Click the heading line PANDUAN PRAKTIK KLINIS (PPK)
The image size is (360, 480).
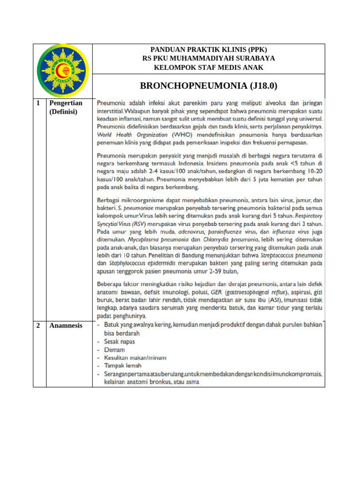pos(209,50)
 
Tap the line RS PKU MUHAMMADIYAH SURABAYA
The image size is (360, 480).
pos(209,59)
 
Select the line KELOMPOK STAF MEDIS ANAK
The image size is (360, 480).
pos(209,67)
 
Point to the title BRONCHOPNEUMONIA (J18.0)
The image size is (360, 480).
pos(209,86)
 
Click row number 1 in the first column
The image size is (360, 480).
pos(38,103)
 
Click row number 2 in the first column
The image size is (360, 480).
pos(38,325)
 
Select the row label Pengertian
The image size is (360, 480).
pos(66,103)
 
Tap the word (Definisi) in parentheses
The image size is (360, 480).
pos(63,112)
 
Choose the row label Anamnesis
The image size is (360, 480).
pos(66,325)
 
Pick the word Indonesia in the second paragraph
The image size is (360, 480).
pos(190,164)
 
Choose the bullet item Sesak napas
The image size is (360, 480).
pos(119,342)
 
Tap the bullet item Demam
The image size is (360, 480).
pos(114,350)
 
